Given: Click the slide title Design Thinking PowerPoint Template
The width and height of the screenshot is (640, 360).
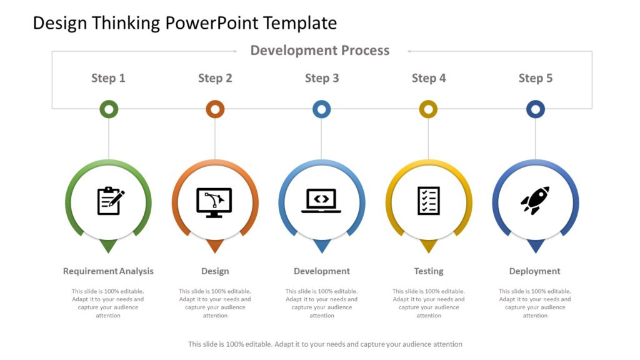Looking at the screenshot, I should click(185, 23).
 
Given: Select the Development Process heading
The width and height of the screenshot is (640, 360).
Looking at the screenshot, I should click(320, 51).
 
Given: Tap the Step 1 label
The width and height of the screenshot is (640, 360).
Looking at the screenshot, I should click(108, 78).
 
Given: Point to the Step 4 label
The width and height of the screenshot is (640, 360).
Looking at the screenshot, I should click(429, 78).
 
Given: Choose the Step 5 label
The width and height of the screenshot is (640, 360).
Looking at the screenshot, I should click(536, 78).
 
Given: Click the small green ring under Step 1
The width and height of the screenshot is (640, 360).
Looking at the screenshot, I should click(109, 109).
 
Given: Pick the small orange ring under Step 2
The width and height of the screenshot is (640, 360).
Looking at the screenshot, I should click(215, 109).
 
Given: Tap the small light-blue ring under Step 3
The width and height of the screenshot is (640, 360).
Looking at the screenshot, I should click(321, 109).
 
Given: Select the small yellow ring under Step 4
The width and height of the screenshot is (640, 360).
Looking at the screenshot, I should click(428, 109).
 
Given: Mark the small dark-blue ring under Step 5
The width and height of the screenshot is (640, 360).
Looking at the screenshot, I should click(535, 109).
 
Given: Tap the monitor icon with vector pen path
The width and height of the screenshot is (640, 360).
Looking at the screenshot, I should click(214, 202).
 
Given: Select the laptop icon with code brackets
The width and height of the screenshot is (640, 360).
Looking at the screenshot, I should click(321, 201).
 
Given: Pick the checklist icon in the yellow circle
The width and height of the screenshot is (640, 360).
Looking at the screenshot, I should click(429, 201).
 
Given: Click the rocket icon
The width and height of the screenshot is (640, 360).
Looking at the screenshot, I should click(535, 201).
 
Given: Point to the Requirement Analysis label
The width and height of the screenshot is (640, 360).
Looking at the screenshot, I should click(108, 271).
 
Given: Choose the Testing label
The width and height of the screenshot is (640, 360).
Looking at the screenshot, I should click(429, 271).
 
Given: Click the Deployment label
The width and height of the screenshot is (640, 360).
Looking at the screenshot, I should click(535, 271).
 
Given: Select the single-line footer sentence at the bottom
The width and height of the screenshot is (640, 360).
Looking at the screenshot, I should click(325, 344).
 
